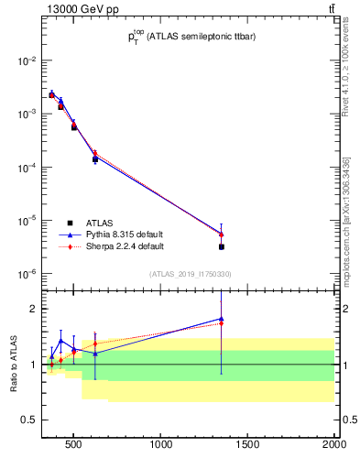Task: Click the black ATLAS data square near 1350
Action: pos(222,246)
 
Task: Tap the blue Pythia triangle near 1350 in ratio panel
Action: pos(222,319)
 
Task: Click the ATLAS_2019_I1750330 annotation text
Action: pos(190,274)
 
